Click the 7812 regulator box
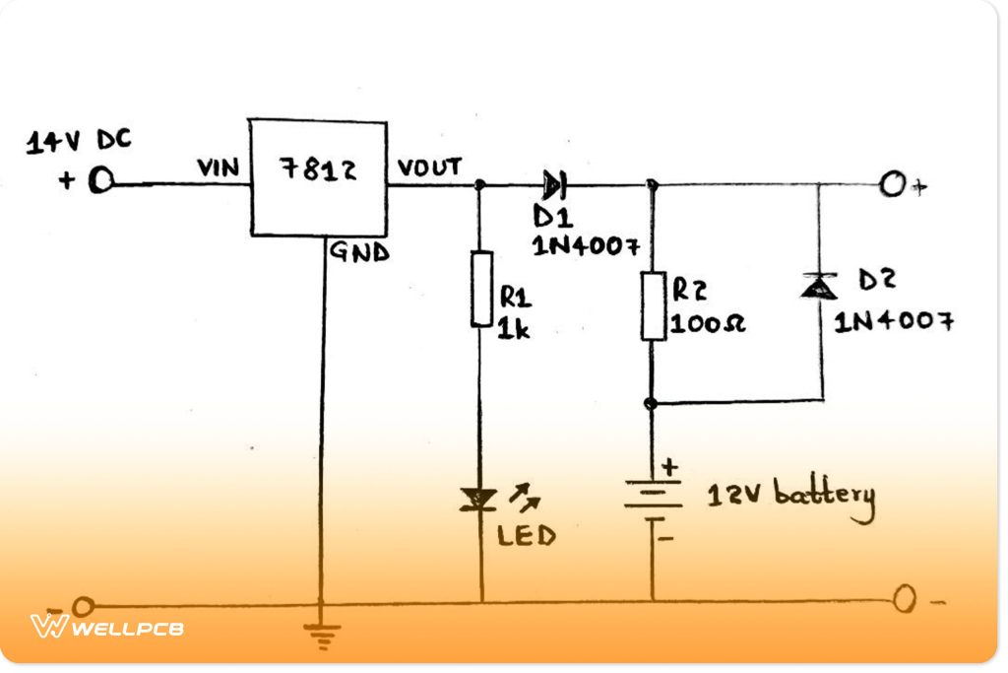[x=316, y=177]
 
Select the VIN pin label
[x=219, y=168]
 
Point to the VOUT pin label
[x=429, y=168]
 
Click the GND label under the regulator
[x=358, y=252]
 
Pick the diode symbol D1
[x=553, y=183]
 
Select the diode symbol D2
[x=818, y=286]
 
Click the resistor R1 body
[x=481, y=288]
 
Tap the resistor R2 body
[x=654, y=306]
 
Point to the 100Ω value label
[x=708, y=323]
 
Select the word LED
[x=526, y=536]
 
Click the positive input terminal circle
[x=100, y=182]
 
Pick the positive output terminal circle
[x=892, y=184]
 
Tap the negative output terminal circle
[x=905, y=598]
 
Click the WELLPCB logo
[x=107, y=626]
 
